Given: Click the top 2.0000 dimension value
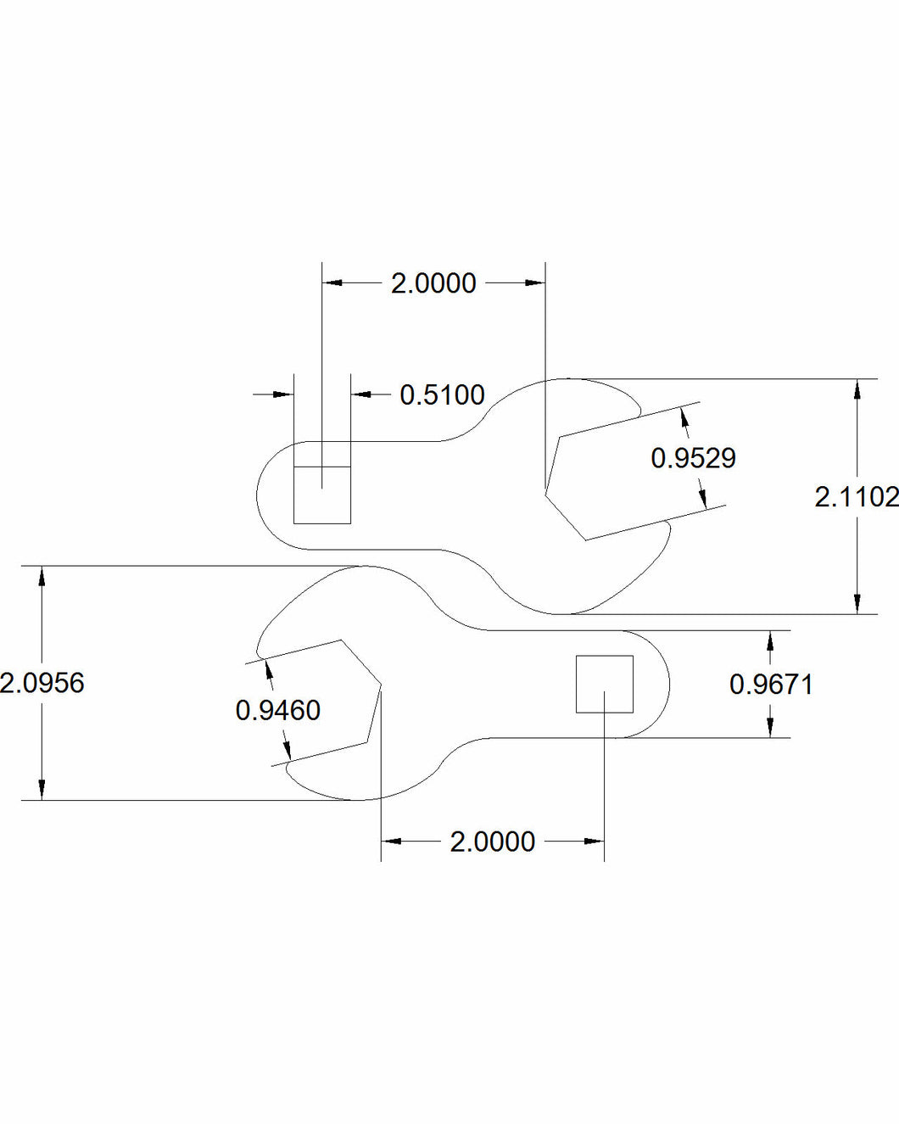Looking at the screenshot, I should coord(433,283).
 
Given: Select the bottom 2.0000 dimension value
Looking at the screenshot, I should coord(493,842).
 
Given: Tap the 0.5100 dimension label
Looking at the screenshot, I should coord(442,395).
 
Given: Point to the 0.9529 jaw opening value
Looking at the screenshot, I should coord(693,458).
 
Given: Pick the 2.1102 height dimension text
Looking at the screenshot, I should coord(855,497).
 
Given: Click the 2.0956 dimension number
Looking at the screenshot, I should coord(42,683).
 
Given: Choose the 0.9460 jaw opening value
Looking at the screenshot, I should coord(278,710).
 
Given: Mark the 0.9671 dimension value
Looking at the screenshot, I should coord(771,685).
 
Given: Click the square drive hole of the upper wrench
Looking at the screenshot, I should coord(322,495).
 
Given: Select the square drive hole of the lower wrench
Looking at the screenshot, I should coord(605,684).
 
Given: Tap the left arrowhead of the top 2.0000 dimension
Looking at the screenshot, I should coord(332,282).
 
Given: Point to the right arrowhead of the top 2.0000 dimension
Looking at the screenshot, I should coord(534,282).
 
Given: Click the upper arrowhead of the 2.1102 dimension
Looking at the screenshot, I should coord(858,389).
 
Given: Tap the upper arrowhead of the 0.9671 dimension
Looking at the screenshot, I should coord(770,640).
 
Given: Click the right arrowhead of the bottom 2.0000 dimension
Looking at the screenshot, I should coord(595,842).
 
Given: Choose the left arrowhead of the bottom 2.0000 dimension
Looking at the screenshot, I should coord(391,842).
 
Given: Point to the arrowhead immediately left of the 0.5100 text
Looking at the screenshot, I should coord(360,394).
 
